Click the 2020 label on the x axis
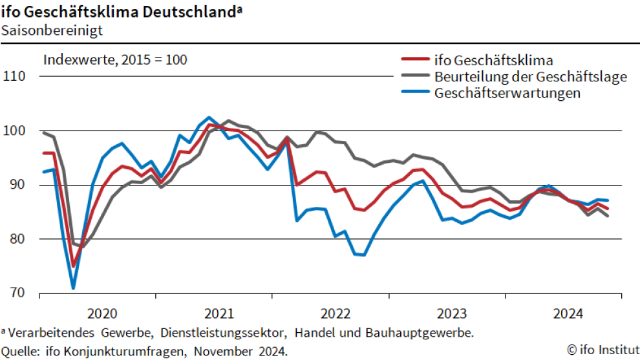pyautogui.click(x=102, y=314)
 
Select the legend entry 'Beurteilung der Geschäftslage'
pyautogui.click(x=531, y=77)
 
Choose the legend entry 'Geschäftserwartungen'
pyautogui.click(x=507, y=92)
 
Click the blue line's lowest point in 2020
pyautogui.click(x=73, y=288)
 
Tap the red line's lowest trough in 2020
pyautogui.click(x=73, y=266)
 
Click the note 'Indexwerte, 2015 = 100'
pyautogui.click(x=115, y=60)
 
